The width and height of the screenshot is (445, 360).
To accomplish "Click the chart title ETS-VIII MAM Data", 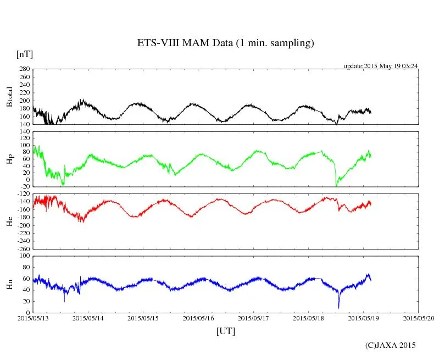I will click(225, 43).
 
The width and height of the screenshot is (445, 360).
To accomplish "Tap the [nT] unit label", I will click(24, 54).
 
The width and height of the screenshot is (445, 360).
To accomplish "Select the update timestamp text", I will click(381, 66).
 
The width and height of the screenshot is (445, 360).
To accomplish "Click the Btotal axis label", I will click(9, 97).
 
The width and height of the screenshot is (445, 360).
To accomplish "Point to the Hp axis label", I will click(9, 159).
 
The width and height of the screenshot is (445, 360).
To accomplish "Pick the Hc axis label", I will click(9, 221).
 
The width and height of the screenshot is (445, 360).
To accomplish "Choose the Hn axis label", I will click(9, 284).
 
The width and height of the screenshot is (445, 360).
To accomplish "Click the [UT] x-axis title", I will click(225, 331).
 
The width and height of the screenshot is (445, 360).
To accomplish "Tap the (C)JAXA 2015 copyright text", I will click(391, 345).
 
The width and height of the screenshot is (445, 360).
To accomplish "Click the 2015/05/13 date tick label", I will click(32, 318).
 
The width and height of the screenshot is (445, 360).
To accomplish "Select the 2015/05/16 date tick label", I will click(198, 318).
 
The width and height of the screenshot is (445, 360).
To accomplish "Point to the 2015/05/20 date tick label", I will click(419, 318).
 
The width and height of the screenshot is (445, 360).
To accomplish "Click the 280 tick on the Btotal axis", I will click(24, 69).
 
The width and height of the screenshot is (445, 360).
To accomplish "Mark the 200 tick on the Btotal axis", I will click(24, 101).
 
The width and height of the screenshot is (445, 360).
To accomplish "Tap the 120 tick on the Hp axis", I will click(24, 131).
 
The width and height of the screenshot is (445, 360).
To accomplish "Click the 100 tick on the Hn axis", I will click(24, 256).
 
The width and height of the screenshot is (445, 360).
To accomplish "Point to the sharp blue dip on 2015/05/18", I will click(339, 307).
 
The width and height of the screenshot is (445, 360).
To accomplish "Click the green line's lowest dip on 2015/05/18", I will click(336, 186).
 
